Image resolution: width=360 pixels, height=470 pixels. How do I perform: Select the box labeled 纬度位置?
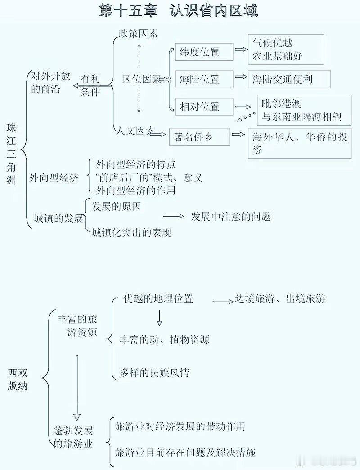(204, 52)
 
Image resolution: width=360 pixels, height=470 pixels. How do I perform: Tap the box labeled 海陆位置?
(204, 79)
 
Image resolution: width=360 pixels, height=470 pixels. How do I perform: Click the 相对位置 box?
(204, 106)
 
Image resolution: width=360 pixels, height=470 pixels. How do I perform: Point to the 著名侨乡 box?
(199, 137)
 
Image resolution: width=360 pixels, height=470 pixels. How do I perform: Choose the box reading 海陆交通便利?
(289, 79)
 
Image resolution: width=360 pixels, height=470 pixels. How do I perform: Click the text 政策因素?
(138, 34)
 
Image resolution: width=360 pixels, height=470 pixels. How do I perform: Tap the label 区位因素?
(142, 79)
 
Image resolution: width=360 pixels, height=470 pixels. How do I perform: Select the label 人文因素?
(135, 131)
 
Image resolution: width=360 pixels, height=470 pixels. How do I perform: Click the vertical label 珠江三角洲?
(11, 154)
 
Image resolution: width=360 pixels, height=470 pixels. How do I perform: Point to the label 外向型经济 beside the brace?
(54, 178)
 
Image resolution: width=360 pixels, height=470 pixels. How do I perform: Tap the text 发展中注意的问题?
(231, 217)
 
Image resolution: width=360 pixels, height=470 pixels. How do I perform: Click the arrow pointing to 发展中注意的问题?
(174, 216)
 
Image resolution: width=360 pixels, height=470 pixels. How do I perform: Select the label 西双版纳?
(18, 379)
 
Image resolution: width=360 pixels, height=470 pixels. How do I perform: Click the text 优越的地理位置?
(158, 298)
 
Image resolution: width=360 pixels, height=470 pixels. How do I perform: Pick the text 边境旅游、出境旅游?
(280, 298)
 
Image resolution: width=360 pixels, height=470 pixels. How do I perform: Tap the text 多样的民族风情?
(154, 373)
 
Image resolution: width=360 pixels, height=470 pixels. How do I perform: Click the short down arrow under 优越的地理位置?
(159, 318)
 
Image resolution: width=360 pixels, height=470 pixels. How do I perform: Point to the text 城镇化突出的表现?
(132, 233)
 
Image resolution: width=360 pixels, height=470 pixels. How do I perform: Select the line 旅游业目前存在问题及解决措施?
(185, 452)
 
